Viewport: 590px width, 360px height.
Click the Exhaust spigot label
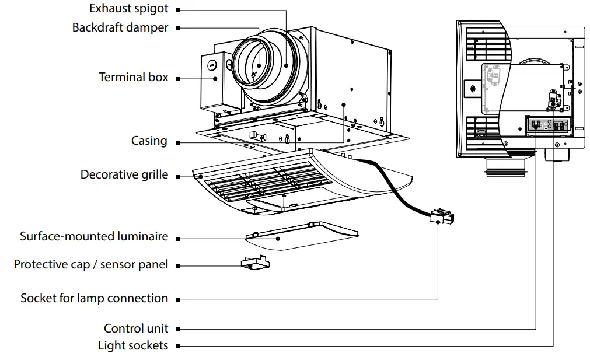coord(128,9)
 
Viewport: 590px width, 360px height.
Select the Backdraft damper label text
coord(120,27)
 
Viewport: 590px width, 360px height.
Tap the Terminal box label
coord(133,77)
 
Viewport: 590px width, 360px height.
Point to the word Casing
coord(149,141)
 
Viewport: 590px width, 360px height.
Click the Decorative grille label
coord(124,174)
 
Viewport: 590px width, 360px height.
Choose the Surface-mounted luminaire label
coord(93,236)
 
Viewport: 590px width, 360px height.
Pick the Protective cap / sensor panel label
coord(90,264)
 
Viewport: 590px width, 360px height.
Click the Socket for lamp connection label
coord(94,298)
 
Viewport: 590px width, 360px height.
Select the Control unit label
coord(136,328)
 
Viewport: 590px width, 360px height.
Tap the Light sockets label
coord(132,345)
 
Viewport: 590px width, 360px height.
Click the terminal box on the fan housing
coord(215,82)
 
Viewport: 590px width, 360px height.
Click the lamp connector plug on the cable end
coord(442,218)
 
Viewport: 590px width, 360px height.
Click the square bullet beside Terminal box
coord(177,78)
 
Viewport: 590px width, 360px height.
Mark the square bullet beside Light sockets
coord(177,346)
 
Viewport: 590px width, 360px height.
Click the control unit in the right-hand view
coord(549,125)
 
